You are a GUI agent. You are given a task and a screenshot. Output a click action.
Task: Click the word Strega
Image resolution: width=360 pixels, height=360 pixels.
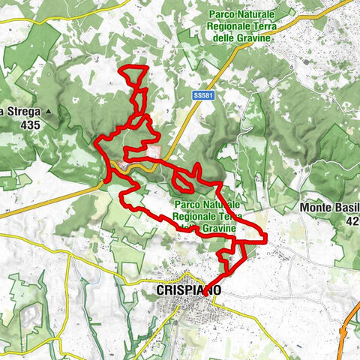point(18,112)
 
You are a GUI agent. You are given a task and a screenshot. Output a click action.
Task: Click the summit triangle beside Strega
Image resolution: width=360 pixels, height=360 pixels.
point(49,112)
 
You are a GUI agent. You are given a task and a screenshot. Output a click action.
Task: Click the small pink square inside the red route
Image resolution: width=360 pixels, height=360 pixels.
point(154,152)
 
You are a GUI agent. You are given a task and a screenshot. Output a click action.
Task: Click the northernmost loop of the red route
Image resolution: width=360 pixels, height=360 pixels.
point(135,78)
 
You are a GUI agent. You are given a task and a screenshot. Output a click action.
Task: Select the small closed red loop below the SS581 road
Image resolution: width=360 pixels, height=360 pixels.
point(182,179)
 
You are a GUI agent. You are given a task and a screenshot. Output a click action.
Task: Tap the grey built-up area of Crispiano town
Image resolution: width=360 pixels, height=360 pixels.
point(184,307)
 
